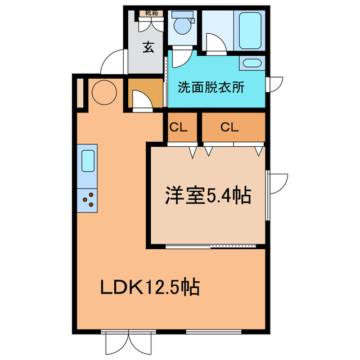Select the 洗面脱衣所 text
pyautogui.click(x=211, y=88)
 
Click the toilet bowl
pyautogui.click(x=182, y=25)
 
